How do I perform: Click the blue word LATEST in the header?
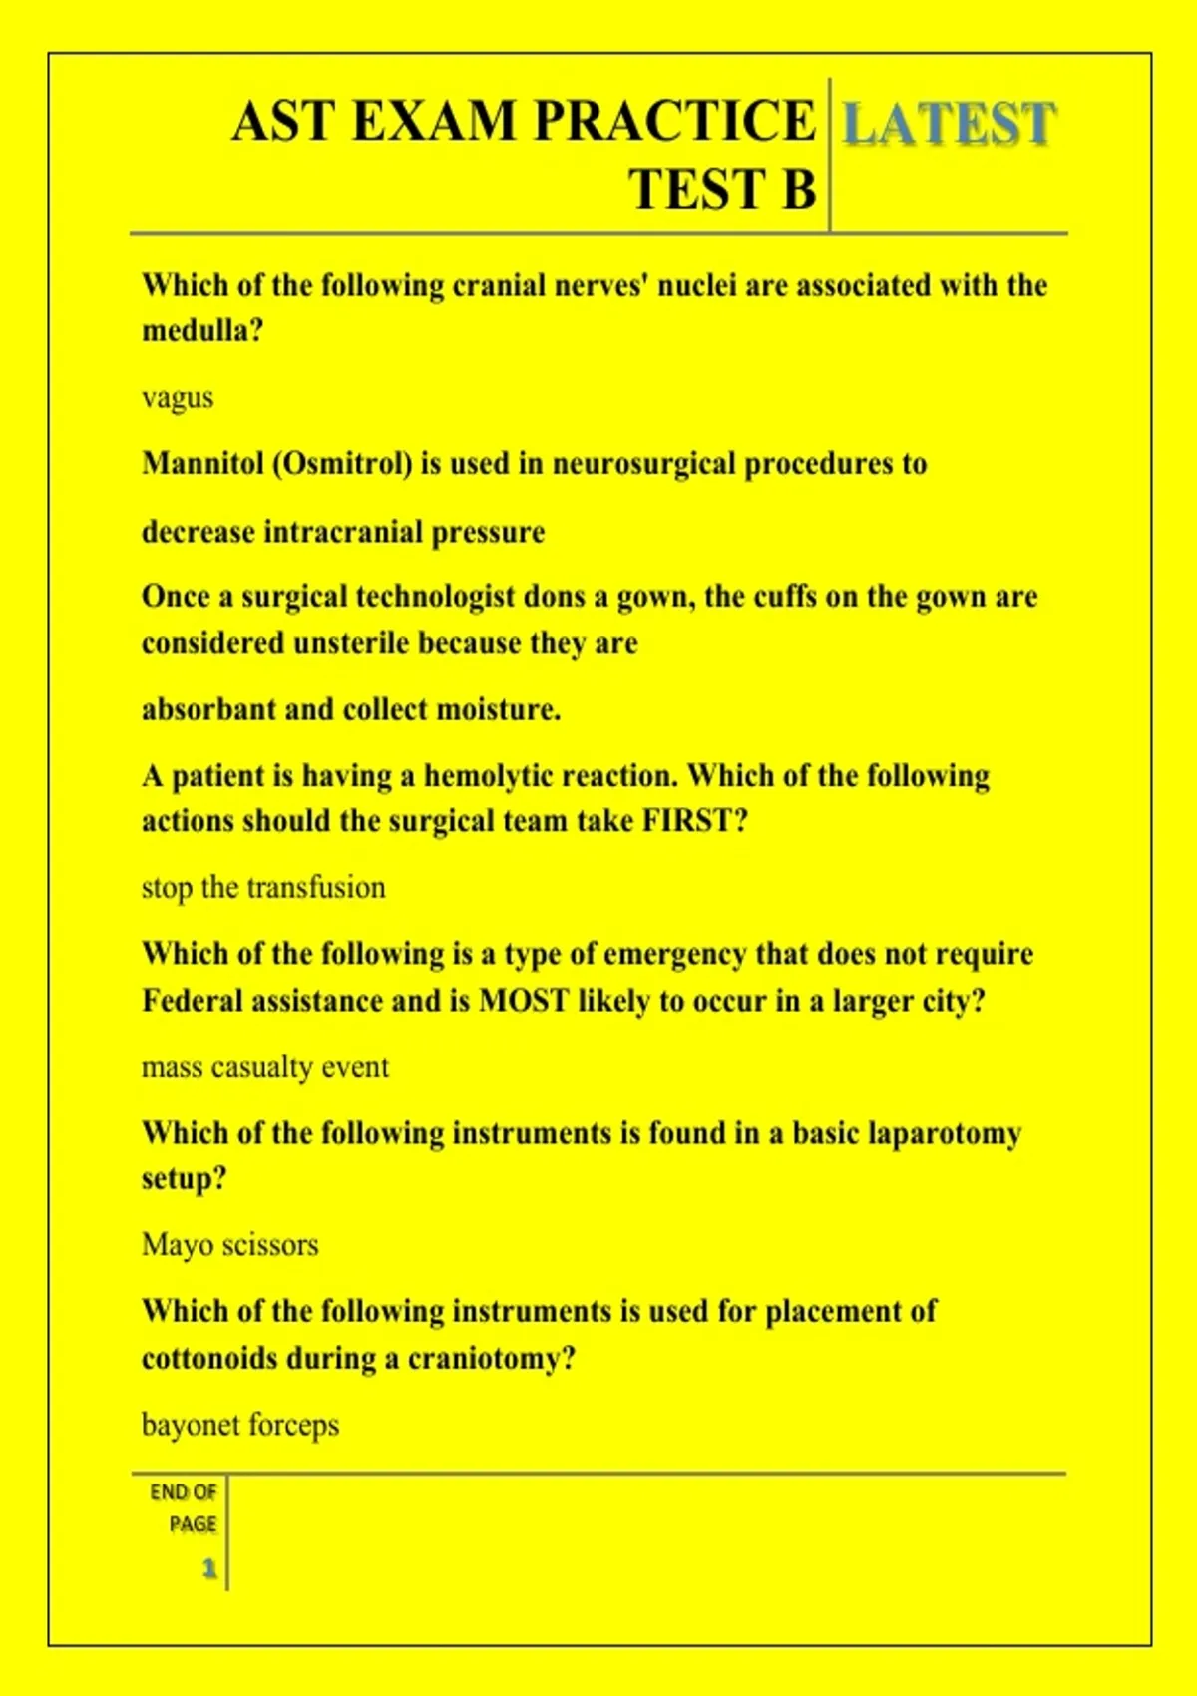click(949, 124)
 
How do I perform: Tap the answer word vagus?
click(178, 398)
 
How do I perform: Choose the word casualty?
click(262, 1067)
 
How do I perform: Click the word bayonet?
click(189, 1425)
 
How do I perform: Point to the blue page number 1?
click(209, 1568)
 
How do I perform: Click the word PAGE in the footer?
click(193, 1524)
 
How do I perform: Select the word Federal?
click(192, 1000)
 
